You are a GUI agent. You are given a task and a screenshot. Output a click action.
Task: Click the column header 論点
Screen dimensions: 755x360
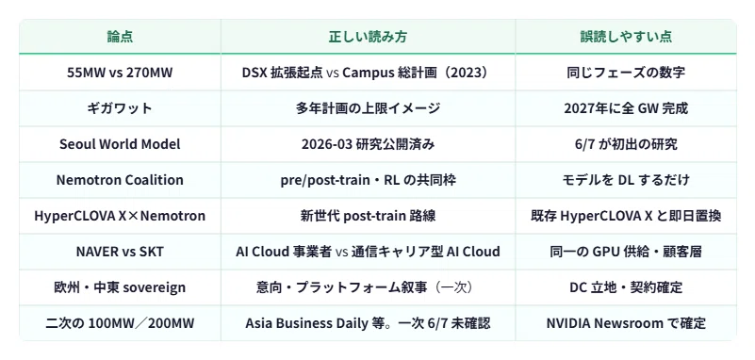120,37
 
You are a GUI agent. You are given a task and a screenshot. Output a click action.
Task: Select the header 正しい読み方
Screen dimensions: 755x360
368,37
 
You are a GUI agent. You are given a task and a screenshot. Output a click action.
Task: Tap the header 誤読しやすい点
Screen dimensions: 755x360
626,37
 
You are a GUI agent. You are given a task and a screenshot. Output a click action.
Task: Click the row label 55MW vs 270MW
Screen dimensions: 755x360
120,73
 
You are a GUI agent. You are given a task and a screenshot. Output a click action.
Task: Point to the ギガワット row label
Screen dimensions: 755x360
120,108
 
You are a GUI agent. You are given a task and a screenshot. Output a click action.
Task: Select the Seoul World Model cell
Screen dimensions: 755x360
120,144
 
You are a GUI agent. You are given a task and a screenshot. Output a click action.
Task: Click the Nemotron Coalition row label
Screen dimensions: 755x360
120,179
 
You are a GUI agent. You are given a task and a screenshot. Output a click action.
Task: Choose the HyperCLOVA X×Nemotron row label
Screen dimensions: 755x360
120,216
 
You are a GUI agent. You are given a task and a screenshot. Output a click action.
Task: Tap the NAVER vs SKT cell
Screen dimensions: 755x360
120,252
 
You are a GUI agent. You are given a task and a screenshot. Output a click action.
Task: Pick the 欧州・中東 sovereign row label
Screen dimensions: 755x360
120,287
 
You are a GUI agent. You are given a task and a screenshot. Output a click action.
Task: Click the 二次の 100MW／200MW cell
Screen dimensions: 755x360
120,323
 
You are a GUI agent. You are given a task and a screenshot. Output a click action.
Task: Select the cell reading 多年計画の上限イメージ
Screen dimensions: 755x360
368,108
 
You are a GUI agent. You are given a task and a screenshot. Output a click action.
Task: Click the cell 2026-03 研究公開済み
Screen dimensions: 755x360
368,144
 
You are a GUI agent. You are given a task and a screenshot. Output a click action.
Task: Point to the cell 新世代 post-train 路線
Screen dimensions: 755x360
368,216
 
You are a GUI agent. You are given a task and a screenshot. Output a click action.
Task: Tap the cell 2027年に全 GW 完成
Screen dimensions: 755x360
626,108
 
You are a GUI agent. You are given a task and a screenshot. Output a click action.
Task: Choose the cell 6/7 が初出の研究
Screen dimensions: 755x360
626,144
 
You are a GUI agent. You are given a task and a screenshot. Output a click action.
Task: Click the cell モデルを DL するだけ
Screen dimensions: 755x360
626,179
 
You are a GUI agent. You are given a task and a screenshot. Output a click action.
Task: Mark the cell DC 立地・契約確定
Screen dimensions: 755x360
626,287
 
